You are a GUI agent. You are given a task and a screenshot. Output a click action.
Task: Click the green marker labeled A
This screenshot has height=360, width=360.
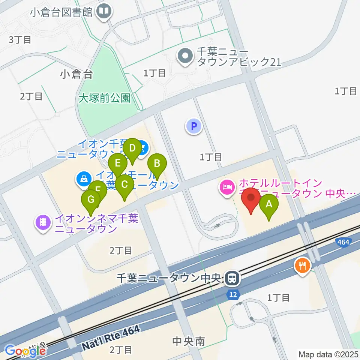coord(269,205)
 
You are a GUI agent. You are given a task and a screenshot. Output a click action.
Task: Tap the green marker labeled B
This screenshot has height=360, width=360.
coord(157,164)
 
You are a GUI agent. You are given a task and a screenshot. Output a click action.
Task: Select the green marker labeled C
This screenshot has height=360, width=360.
coord(124,185)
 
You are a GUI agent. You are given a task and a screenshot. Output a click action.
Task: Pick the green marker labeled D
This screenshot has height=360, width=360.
coord(132,148)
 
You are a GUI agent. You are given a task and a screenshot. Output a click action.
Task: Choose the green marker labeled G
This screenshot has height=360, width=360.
coord(91,200)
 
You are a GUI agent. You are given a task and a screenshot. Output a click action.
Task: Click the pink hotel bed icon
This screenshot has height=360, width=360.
coord(226,186)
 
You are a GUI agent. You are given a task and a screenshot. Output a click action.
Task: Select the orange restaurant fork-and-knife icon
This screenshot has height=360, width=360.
coord(302,266)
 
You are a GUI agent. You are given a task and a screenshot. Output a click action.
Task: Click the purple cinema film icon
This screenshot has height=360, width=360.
coord(43,223)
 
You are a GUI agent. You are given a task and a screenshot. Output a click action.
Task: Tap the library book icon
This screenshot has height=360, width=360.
coord(103,11)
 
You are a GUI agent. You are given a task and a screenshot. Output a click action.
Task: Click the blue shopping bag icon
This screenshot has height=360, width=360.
coord(82,178)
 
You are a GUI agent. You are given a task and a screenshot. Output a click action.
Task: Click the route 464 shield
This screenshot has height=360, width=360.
coord(343,243)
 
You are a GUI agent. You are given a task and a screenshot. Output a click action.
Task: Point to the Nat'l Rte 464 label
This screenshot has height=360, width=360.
coord(111,338)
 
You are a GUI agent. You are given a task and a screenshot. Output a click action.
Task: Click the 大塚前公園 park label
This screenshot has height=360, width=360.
coord(105,98)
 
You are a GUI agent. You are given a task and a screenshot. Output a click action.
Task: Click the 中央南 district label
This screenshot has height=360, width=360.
coord(188,341)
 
